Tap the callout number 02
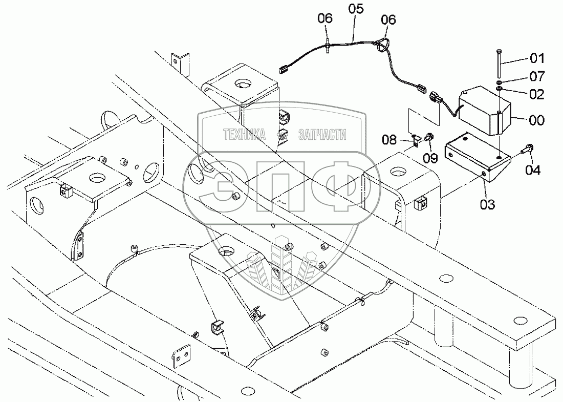coord(537,94)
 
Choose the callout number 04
coord(532,170)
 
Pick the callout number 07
coord(537,76)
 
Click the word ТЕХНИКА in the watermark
coord(245,135)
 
